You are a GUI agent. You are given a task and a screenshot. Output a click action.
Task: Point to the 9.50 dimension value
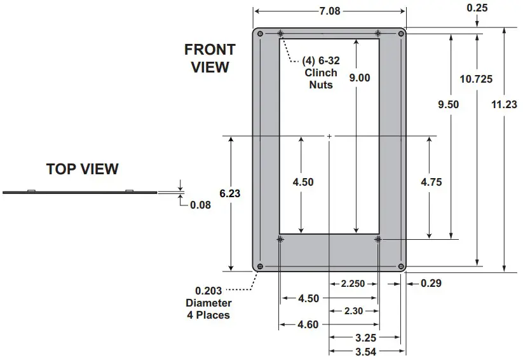pyautogui.click(x=449, y=104)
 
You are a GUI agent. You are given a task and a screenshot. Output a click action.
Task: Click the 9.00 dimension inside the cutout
pyautogui.click(x=359, y=78)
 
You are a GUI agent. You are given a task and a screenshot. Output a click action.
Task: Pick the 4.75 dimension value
pyautogui.click(x=431, y=182)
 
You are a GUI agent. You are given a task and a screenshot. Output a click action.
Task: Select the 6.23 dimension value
pyautogui.click(x=230, y=193)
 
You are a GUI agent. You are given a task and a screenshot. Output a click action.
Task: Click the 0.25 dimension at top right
pyautogui.click(x=477, y=8)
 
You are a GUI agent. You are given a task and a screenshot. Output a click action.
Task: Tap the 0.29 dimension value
pyautogui.click(x=431, y=283)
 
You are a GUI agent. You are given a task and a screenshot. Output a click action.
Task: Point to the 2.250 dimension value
pyautogui.click(x=353, y=284)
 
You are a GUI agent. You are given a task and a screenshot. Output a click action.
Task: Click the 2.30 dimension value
pyautogui.click(x=353, y=311)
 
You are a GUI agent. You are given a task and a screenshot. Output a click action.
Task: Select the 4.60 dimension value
pyautogui.click(x=308, y=325)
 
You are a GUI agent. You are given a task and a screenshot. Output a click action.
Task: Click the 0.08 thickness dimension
pyautogui.click(x=200, y=205)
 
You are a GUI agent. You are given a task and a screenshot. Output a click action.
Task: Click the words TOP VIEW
pyautogui.click(x=83, y=169)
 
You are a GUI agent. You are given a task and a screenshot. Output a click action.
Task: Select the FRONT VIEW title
pyautogui.click(x=210, y=58)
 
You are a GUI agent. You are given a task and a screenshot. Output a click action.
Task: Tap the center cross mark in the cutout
pyautogui.click(x=329, y=136)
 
